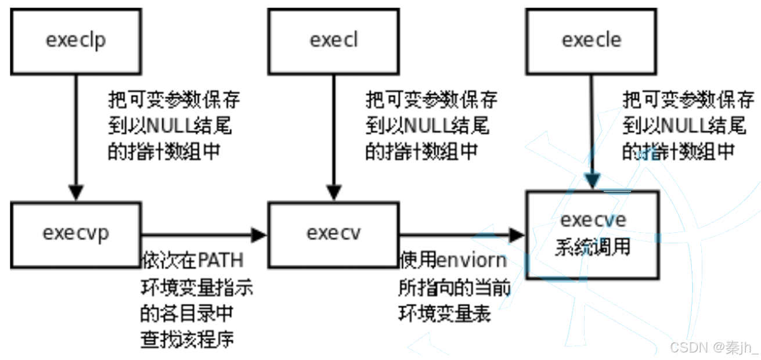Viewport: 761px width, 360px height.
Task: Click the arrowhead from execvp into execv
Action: [259, 235]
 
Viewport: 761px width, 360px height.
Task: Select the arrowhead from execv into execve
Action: [517, 235]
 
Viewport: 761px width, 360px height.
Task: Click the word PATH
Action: [221, 260]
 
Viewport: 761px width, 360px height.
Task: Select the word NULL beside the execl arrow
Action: [427, 125]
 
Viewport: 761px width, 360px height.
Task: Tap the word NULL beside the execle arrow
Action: [684, 125]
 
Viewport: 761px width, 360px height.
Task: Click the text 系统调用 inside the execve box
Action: [593, 246]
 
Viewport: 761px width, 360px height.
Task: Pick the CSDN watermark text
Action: [715, 347]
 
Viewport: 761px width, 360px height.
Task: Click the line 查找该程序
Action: [187, 339]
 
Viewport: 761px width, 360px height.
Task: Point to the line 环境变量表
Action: [445, 314]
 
